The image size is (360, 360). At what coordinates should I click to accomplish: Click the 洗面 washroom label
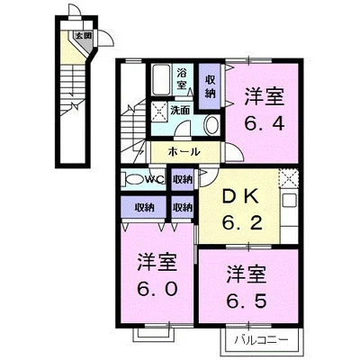click(x=180, y=110)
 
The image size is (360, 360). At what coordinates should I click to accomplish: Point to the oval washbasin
click(x=210, y=125)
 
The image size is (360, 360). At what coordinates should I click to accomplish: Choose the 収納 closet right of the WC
click(x=182, y=180)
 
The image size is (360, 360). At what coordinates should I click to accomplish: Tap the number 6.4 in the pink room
click(x=266, y=121)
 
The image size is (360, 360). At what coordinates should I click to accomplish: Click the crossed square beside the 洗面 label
click(x=159, y=112)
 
